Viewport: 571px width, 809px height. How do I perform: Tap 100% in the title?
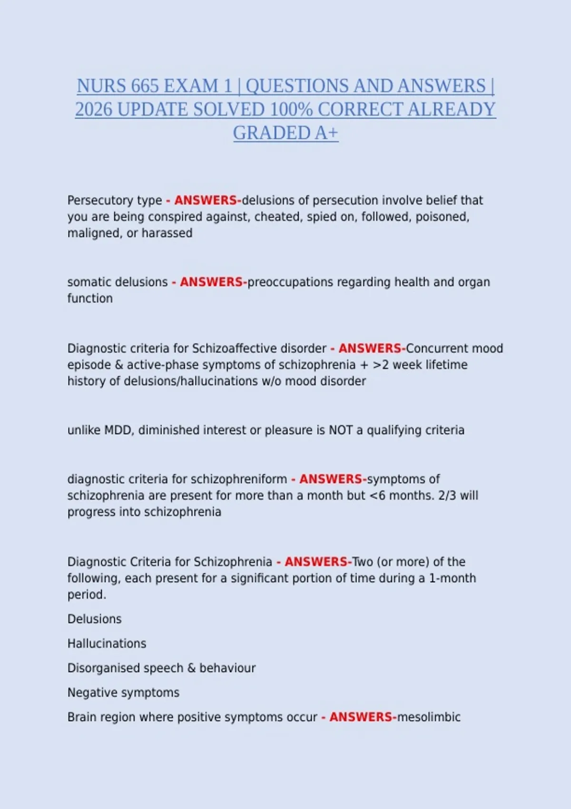click(x=291, y=109)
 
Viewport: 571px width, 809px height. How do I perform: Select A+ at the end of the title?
click(x=326, y=133)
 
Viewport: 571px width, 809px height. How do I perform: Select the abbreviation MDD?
click(x=119, y=430)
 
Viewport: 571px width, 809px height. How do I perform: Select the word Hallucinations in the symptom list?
click(x=107, y=643)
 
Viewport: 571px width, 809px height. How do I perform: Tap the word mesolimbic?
click(x=429, y=717)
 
